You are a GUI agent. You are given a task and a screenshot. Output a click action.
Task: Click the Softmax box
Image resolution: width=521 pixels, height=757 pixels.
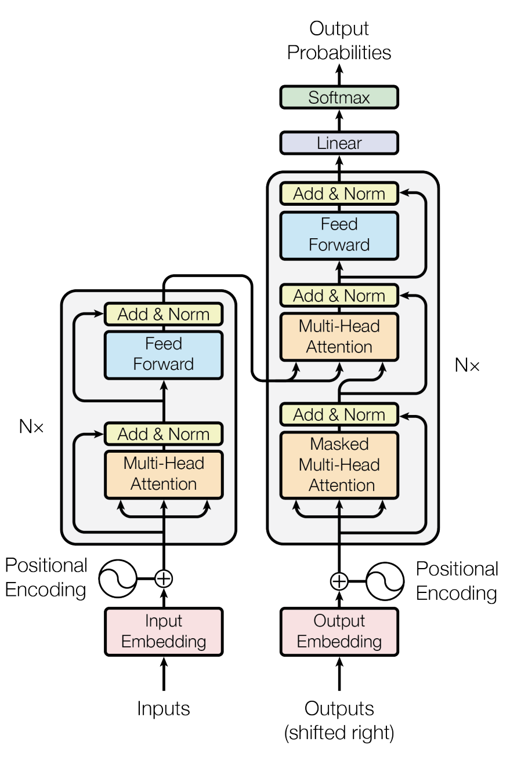(x=339, y=97)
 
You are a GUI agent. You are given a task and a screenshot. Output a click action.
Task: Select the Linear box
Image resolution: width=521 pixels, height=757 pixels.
(x=339, y=143)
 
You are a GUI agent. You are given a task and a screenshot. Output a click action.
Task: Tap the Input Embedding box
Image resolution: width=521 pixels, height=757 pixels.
(x=164, y=632)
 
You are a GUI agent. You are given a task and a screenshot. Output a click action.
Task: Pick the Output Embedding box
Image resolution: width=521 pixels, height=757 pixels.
(x=339, y=632)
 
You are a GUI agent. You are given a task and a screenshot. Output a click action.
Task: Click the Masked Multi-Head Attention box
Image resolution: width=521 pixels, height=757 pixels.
(x=339, y=465)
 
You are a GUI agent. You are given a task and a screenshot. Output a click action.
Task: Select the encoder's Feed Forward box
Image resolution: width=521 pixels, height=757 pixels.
(x=164, y=355)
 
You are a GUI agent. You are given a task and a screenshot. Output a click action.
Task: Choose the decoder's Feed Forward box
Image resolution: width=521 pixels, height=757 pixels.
(x=339, y=235)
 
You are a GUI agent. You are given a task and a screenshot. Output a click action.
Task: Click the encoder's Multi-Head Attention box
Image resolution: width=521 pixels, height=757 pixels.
(x=164, y=474)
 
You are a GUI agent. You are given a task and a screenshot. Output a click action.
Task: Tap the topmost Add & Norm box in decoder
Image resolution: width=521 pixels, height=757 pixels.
(x=339, y=194)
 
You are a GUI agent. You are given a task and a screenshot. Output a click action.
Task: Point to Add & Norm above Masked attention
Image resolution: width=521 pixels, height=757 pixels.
(x=339, y=414)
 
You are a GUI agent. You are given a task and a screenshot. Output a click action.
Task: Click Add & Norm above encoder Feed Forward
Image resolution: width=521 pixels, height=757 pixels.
(x=164, y=314)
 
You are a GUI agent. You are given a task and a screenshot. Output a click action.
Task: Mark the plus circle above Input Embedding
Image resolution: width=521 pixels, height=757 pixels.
(x=164, y=578)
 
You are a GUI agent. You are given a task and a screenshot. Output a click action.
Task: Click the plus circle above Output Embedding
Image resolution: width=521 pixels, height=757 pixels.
(x=339, y=581)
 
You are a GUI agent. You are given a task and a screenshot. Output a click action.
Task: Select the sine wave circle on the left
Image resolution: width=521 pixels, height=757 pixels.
(x=118, y=578)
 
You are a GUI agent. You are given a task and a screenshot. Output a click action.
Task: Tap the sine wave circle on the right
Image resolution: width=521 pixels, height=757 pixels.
(x=385, y=581)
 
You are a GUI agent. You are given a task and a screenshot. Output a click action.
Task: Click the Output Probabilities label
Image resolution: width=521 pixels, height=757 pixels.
(x=339, y=41)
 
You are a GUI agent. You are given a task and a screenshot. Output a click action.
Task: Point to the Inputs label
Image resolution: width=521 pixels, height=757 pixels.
(x=164, y=708)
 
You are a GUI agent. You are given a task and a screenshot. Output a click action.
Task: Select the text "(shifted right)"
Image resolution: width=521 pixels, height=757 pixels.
(x=339, y=733)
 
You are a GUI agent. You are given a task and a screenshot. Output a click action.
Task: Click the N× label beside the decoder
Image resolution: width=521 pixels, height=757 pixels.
(x=467, y=365)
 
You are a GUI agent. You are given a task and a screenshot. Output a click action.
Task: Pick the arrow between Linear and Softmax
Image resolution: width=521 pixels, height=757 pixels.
(x=339, y=121)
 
